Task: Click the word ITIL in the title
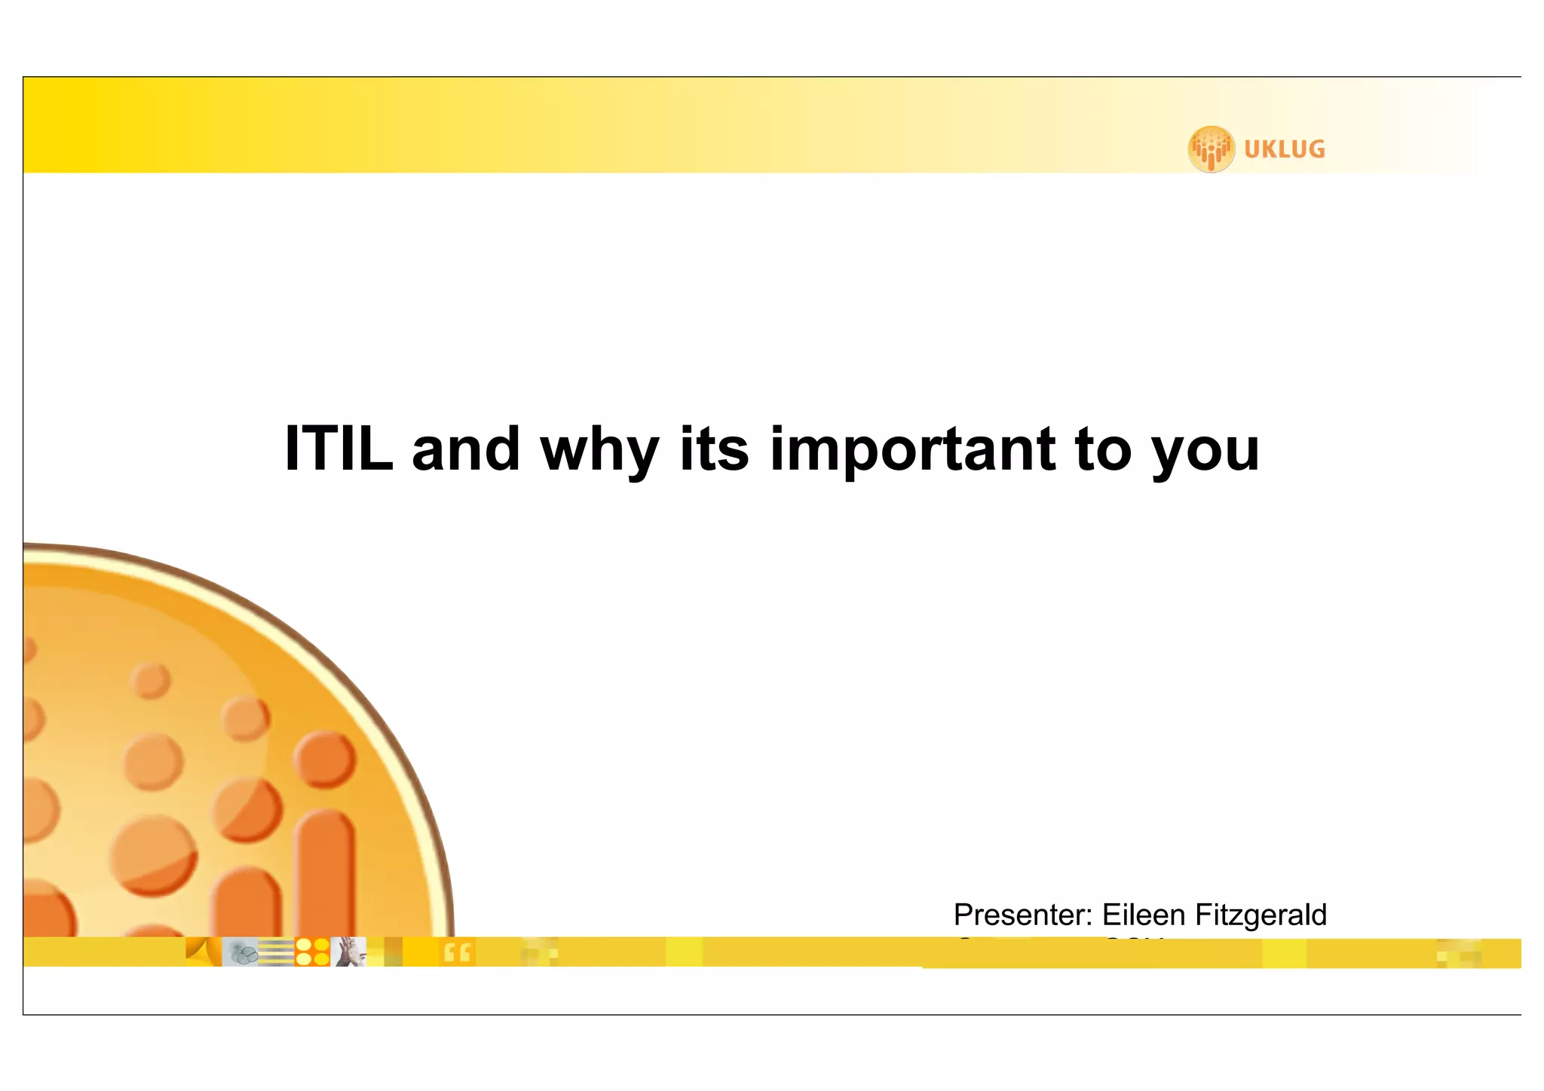(x=339, y=449)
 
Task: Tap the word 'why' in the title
(x=599, y=451)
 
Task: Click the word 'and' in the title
(x=466, y=449)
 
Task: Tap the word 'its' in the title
(x=714, y=449)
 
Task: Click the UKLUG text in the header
(x=1284, y=149)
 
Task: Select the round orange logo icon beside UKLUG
(x=1211, y=149)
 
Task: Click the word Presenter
(x=1022, y=915)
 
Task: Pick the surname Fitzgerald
(x=1261, y=915)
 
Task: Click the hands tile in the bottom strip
(x=348, y=952)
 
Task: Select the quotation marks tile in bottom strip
(x=457, y=952)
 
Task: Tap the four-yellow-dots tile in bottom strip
(x=312, y=952)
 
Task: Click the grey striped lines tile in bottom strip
(x=276, y=952)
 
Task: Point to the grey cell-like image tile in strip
(x=240, y=952)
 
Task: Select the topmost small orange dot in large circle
(x=151, y=681)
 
